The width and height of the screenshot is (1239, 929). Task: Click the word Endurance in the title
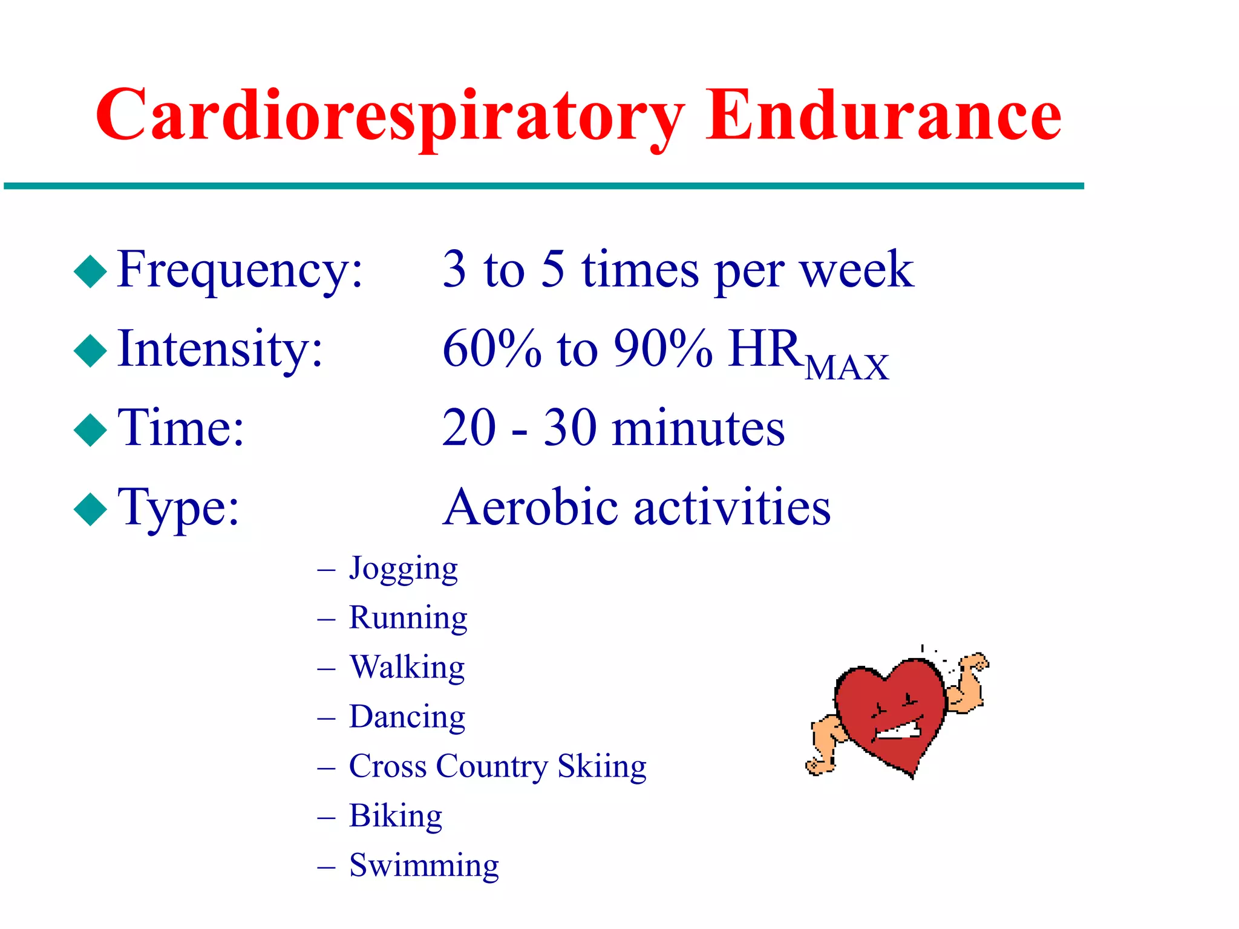click(883, 115)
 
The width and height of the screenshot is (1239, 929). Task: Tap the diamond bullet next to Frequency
click(90, 271)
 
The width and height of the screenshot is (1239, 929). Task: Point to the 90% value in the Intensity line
click(662, 349)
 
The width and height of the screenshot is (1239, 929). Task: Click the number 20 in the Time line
click(469, 428)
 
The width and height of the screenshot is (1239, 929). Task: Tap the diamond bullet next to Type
click(90, 509)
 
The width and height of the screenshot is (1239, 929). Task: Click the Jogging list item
click(403, 569)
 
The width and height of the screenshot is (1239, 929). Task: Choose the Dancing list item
click(407, 717)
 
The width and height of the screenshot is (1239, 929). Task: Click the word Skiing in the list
click(602, 767)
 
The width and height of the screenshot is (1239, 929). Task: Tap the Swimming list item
click(423, 865)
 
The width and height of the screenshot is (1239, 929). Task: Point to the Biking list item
click(396, 816)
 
